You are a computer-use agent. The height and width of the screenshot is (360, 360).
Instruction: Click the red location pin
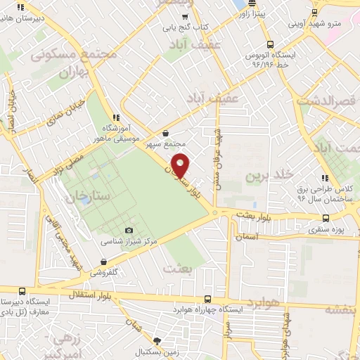181,165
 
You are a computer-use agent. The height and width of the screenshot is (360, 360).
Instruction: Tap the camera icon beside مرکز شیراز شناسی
128,231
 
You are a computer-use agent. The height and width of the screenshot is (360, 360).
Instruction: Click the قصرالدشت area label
328,101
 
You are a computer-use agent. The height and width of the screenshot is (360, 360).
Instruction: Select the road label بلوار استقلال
87,290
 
